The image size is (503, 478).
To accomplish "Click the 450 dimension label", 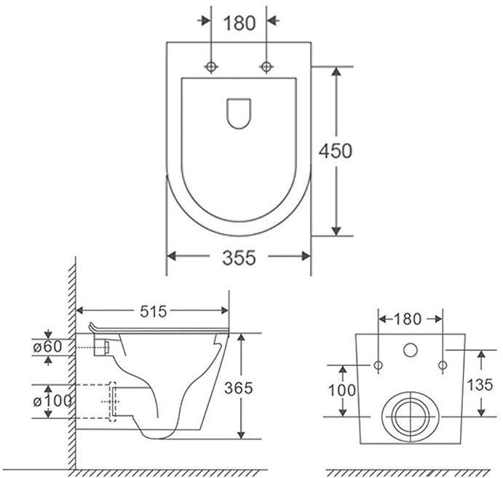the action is tap(336, 151).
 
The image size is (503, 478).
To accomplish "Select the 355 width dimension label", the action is tap(239, 258).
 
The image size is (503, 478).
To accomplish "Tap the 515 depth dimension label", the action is tap(154, 311).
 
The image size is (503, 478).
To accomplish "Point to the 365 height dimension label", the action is tap(238, 389).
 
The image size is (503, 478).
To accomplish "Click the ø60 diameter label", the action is tap(47, 346).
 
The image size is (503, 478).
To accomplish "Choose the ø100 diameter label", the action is tap(52, 401).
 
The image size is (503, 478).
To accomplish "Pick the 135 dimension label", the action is tap(480, 385).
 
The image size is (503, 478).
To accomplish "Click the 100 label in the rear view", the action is tap(341, 390).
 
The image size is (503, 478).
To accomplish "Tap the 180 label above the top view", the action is tap(239, 23).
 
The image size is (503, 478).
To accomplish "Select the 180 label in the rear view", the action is tap(408, 319).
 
